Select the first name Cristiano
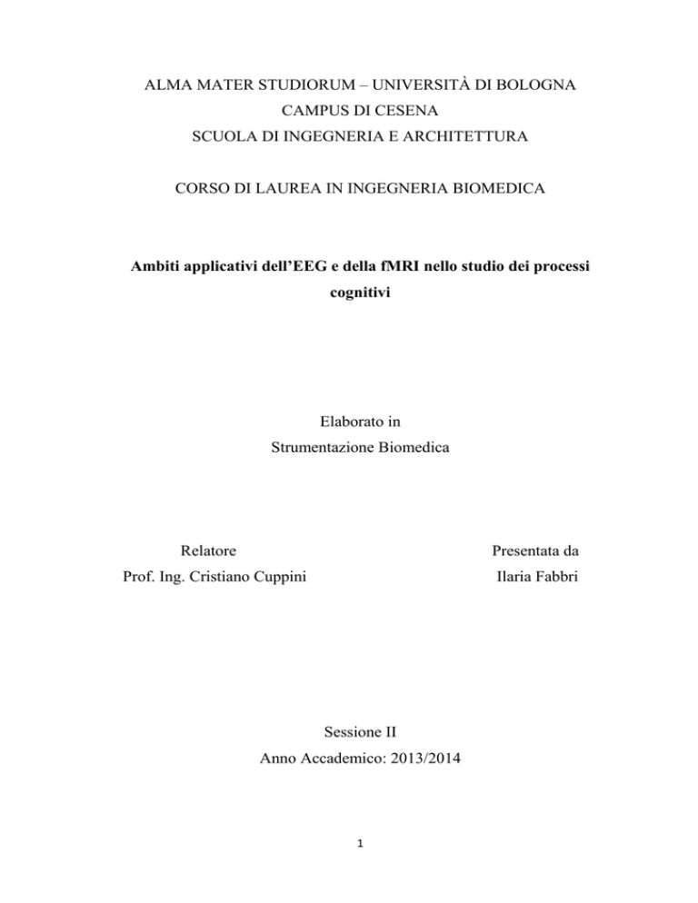click(x=208, y=580)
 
